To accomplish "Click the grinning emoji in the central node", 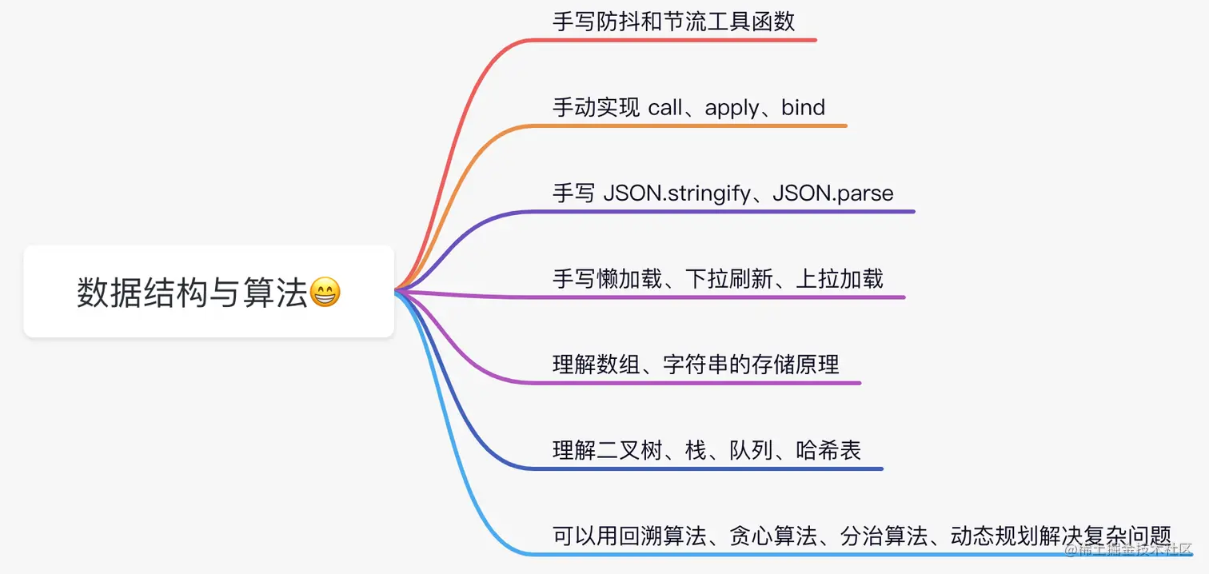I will click(325, 293).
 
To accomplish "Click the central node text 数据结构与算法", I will click(192, 293).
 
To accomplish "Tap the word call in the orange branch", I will click(665, 108).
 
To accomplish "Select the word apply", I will click(732, 108).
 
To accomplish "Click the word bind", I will click(803, 108).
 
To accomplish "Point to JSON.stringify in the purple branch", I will click(676, 193).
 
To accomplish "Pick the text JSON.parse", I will click(833, 193).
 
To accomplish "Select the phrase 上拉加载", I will click(840, 279).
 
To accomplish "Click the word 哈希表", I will click(828, 451).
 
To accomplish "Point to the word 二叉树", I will click(630, 451).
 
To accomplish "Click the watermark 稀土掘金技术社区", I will click(1135, 551).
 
